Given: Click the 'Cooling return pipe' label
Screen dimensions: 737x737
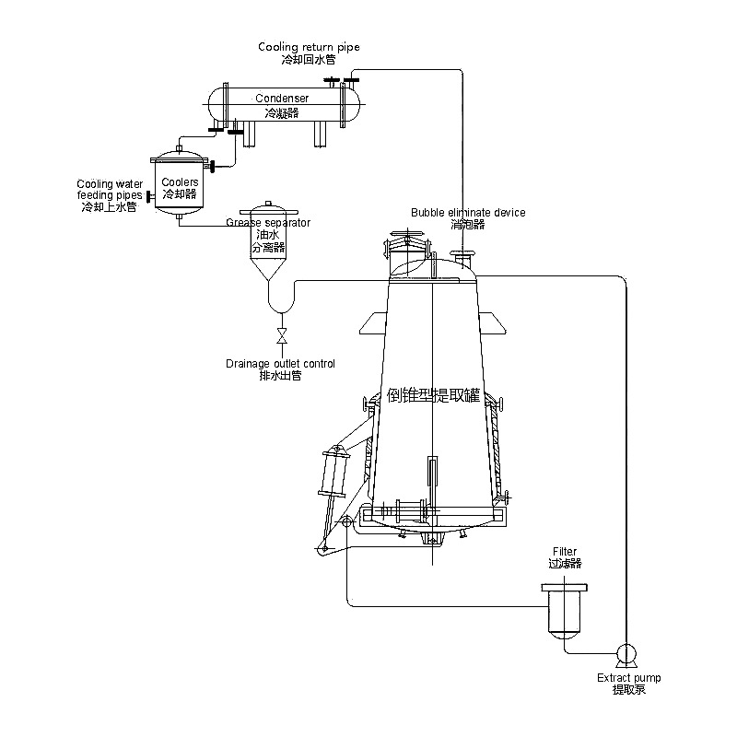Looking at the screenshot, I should click(309, 47).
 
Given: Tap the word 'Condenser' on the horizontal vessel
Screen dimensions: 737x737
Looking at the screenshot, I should click(282, 98).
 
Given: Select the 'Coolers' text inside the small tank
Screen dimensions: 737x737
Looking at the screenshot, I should click(180, 182).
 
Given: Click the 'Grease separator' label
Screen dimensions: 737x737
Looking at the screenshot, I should click(268, 223).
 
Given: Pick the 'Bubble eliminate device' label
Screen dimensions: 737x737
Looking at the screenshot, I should click(468, 212).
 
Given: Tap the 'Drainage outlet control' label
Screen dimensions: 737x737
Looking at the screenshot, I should click(281, 364).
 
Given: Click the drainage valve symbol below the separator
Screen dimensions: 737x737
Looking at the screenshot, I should click(281, 333).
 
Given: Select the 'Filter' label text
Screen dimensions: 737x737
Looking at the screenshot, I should click(565, 551).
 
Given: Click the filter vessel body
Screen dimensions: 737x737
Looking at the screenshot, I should click(566, 613).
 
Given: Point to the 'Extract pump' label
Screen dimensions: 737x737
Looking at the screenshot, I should click(628, 678).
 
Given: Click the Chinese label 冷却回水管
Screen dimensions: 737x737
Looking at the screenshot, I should click(309, 59).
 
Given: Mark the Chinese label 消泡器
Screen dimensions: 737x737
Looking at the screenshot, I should click(468, 224).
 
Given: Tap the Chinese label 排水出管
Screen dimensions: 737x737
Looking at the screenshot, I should click(281, 376).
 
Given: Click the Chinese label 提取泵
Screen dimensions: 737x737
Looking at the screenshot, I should click(628, 690).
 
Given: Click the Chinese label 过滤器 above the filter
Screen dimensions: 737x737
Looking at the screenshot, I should click(565, 563).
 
